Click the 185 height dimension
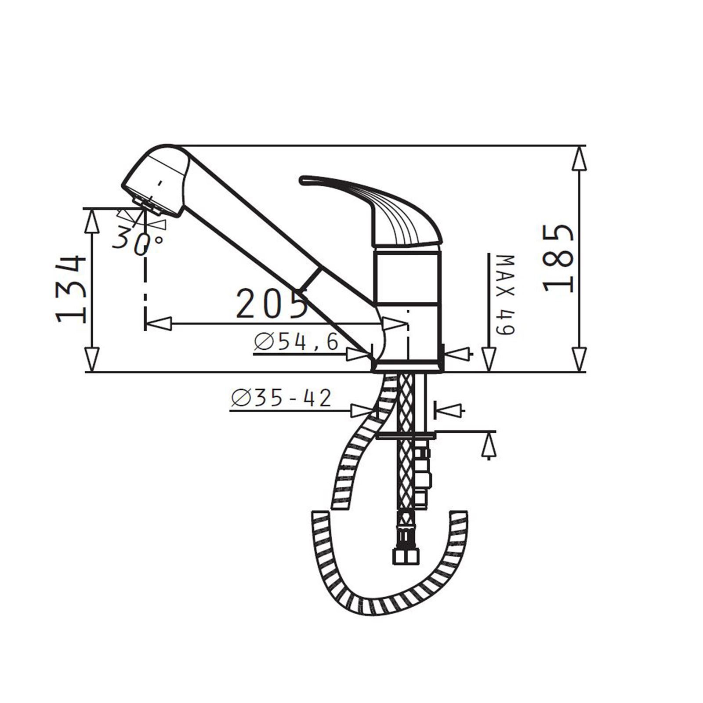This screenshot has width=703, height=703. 559,259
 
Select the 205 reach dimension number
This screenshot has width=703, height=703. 271,303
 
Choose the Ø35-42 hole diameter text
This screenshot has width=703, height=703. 281,399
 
